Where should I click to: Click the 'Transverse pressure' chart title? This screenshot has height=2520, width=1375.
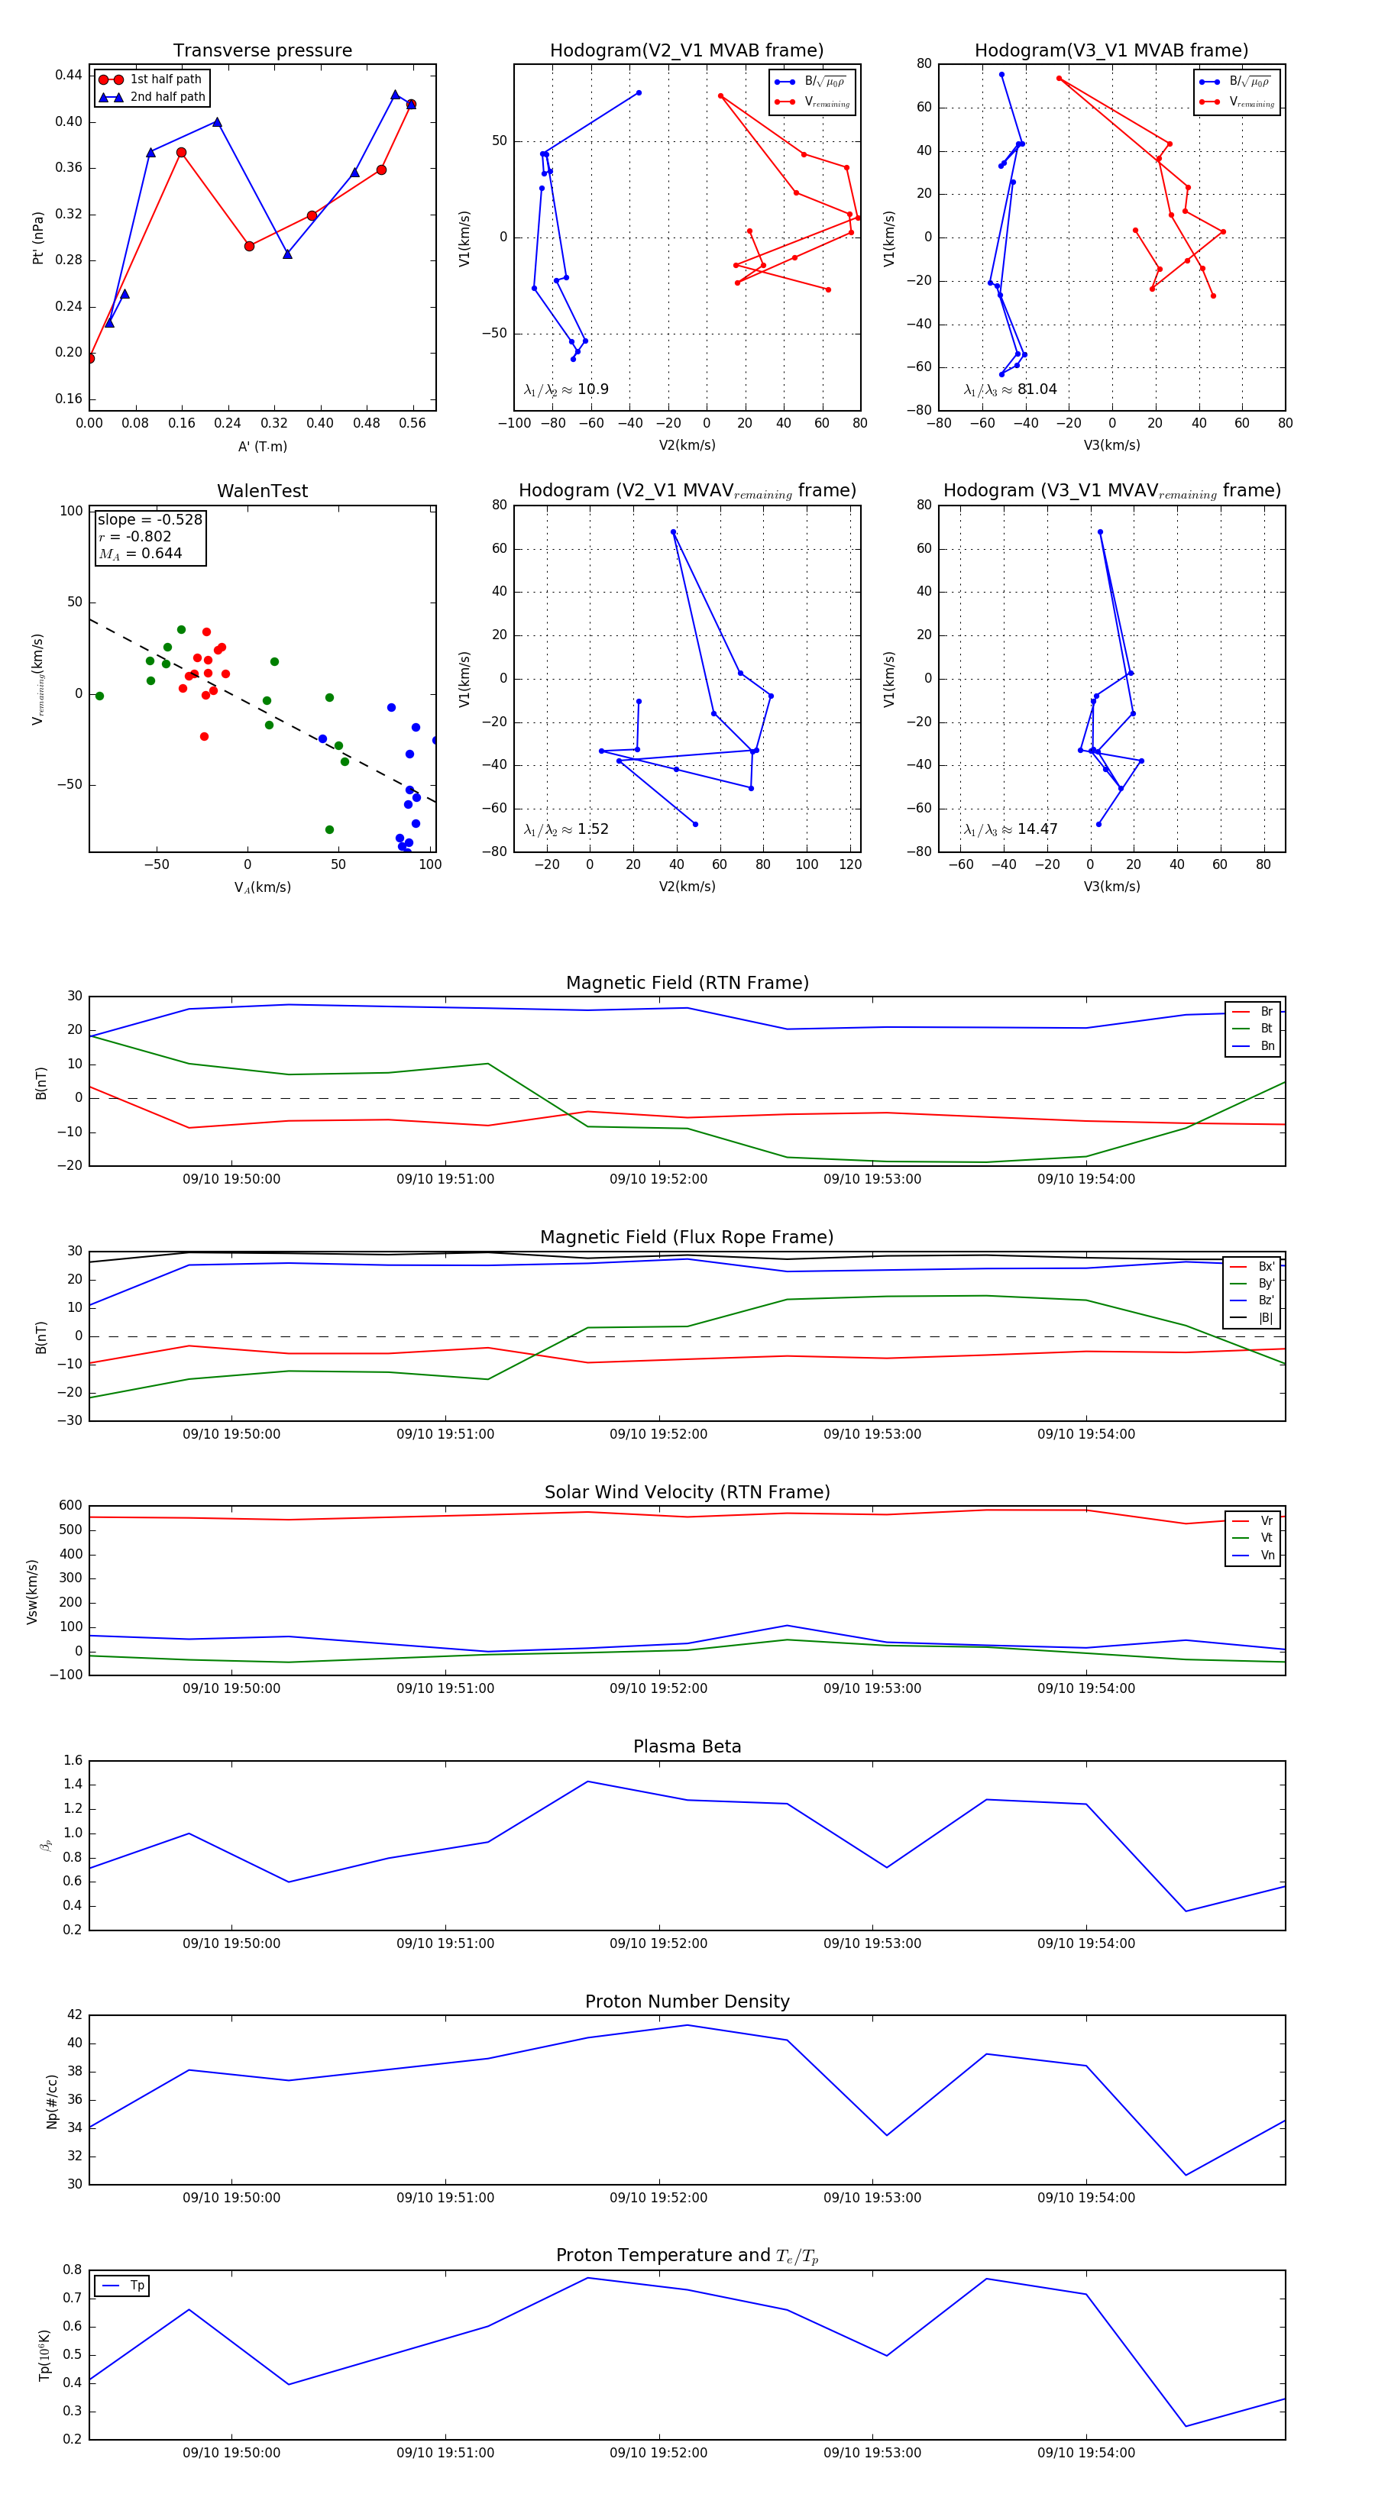262,51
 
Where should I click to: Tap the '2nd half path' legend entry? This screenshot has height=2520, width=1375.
167,97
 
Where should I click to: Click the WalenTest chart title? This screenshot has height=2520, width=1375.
262,491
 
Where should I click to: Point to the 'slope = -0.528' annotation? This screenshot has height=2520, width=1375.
150,519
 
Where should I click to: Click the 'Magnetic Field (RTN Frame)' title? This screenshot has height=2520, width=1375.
687,983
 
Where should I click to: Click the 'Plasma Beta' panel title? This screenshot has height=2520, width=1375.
687,1747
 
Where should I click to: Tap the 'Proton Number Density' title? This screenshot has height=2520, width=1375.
687,2001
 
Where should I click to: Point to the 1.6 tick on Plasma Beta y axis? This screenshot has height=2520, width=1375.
73,1761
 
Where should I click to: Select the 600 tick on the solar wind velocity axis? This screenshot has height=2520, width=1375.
70,1506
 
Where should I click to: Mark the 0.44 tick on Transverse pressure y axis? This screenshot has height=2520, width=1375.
69,76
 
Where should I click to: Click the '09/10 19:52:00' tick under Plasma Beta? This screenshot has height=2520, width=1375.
658,1943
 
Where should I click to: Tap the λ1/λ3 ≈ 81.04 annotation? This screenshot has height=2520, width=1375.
1010,389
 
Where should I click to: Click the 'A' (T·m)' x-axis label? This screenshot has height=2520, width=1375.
262,447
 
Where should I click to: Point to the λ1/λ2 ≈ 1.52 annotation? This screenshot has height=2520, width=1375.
565,829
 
